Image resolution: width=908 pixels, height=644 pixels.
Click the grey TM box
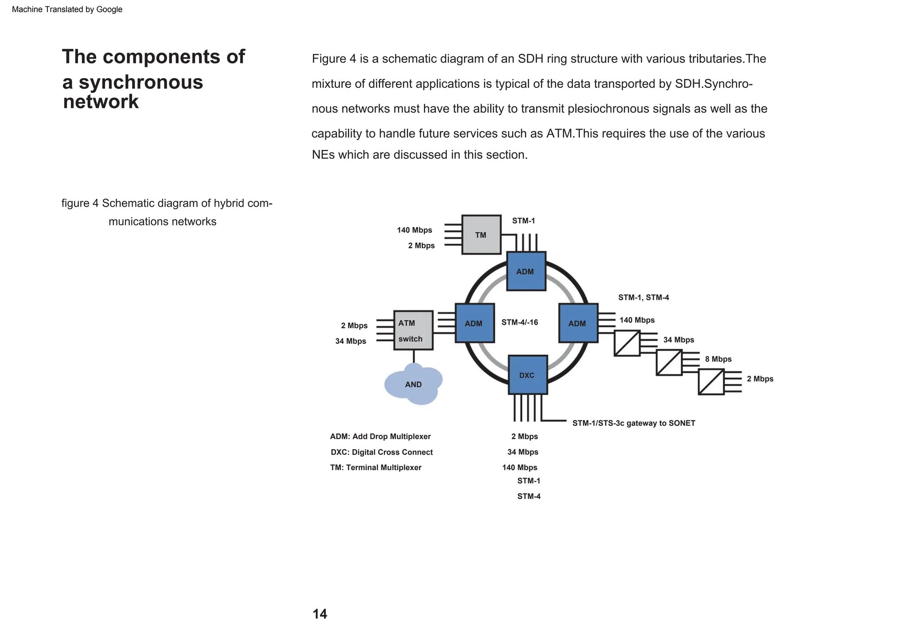(481, 235)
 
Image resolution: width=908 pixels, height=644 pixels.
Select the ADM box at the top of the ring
(526, 271)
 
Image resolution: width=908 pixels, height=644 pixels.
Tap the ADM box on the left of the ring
(474, 323)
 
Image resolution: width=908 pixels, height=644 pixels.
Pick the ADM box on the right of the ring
(578, 323)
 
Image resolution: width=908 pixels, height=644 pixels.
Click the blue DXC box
(528, 375)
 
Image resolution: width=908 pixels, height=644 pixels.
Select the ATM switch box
(413, 330)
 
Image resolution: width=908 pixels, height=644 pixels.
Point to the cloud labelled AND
(413, 384)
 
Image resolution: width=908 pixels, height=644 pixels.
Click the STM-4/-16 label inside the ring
(520, 322)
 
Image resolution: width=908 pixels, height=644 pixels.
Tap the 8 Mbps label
(718, 359)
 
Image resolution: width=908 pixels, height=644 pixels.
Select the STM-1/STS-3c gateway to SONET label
(634, 423)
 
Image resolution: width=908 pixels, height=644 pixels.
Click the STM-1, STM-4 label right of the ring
(643, 298)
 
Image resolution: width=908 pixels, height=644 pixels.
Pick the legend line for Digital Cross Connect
(381, 452)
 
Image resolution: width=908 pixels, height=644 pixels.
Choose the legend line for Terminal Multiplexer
(376, 467)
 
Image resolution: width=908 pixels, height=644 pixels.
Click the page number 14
(320, 614)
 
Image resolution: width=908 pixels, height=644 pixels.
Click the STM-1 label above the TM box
(524, 221)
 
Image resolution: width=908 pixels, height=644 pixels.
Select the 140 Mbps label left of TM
(414, 230)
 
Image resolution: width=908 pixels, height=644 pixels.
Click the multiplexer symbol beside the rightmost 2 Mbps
(711, 382)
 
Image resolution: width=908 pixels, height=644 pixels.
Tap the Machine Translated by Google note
(67, 9)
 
